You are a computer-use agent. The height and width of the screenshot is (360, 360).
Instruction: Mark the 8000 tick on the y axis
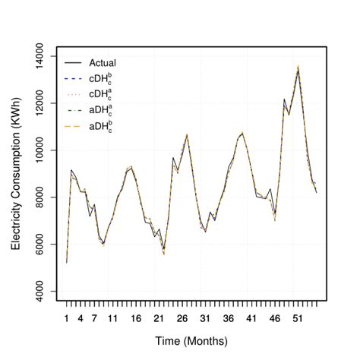41,197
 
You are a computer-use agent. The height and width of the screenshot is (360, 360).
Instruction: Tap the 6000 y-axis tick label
41,245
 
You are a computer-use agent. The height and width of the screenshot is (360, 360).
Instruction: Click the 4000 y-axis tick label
41,292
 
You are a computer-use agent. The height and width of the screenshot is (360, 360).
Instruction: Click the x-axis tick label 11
112,318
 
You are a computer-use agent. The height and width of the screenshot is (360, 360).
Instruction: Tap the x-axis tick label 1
67,318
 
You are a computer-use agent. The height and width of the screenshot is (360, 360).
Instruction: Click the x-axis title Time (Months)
190,343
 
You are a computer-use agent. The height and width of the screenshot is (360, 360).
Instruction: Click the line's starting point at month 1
67,263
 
